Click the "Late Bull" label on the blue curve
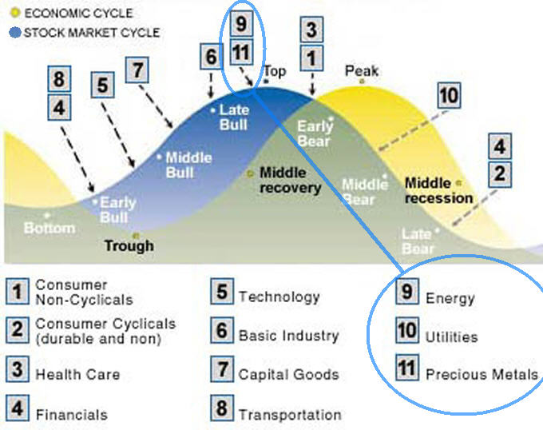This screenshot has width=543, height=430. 234,117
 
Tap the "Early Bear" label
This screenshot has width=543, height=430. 314,133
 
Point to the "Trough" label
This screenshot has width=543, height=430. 129,245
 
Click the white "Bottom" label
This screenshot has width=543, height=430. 50,228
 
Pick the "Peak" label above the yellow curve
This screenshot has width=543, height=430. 362,72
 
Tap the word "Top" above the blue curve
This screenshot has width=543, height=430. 275,72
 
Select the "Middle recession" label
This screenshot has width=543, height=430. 439,190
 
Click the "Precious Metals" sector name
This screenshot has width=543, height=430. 482,373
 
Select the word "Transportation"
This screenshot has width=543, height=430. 290,414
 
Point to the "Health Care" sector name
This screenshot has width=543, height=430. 77,373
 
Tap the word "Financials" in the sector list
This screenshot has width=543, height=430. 71,414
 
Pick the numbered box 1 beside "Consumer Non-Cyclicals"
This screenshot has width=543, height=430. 17,291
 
